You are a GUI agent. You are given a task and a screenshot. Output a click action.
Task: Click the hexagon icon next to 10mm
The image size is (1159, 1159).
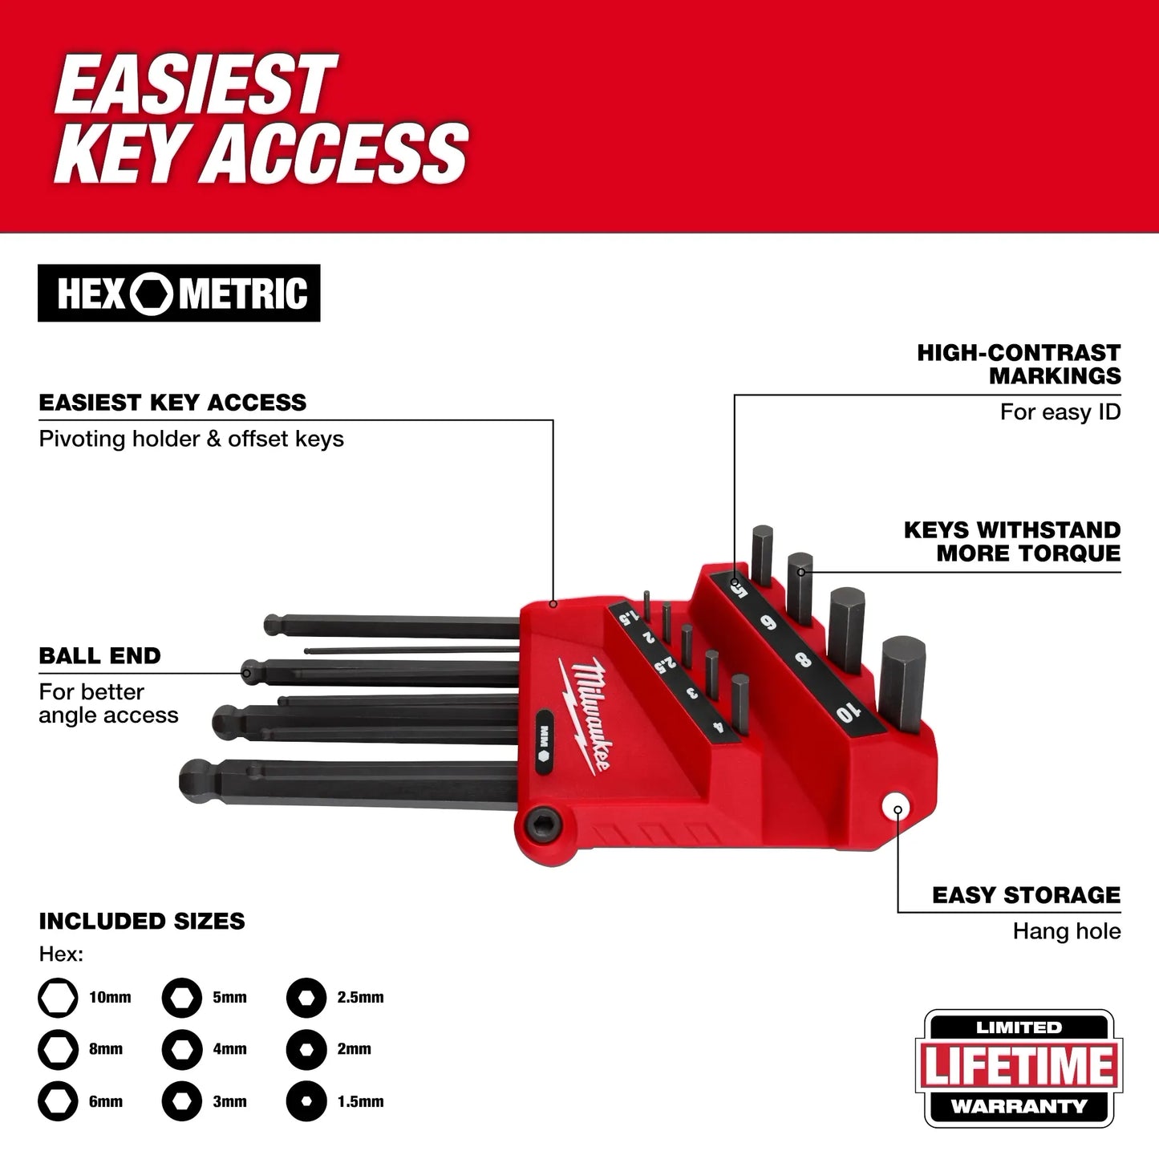pyautogui.click(x=58, y=998)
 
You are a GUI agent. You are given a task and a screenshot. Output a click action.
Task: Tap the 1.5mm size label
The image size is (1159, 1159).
pyautogui.click(x=360, y=1101)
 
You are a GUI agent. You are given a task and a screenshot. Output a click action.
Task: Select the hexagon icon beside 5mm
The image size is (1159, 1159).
pyautogui.click(x=181, y=998)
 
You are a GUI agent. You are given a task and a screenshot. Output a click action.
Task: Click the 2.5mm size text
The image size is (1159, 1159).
pyautogui.click(x=360, y=998)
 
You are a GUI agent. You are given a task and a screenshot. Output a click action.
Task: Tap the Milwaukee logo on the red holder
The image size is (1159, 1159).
pyautogui.click(x=585, y=712)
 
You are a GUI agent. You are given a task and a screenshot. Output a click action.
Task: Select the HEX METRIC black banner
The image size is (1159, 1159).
pyautogui.click(x=179, y=294)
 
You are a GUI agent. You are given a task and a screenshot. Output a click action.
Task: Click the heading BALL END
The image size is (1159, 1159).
pyautogui.click(x=99, y=656)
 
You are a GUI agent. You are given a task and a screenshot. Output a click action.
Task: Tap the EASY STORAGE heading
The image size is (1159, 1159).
pyautogui.click(x=1026, y=895)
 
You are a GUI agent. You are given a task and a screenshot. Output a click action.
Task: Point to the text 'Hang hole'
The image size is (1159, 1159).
pyautogui.click(x=1066, y=931)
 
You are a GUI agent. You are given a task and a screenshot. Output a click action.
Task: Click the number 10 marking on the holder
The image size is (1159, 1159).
pyautogui.click(x=845, y=710)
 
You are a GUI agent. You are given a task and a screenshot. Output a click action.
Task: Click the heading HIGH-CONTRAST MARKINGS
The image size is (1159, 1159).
pyautogui.click(x=1019, y=364)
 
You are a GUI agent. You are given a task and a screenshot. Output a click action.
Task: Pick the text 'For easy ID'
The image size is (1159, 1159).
pyautogui.click(x=1060, y=412)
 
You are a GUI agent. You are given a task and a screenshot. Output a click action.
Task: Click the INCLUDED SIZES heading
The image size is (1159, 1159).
pyautogui.click(x=142, y=921)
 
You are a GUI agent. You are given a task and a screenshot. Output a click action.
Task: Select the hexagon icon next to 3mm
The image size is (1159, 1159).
pyautogui.click(x=181, y=1101)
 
